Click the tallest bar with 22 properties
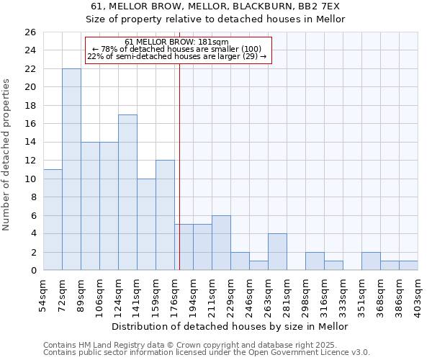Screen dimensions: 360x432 click(x=71, y=169)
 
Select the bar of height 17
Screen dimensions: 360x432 click(x=127, y=192)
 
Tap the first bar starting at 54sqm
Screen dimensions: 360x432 click(x=53, y=220)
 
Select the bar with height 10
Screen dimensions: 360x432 click(x=146, y=225)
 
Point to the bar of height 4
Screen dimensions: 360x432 click(x=277, y=252)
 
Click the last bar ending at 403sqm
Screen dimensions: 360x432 click(x=408, y=266)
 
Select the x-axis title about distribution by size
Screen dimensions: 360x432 click(x=230, y=327)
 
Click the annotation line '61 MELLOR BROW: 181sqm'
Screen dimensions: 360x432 click(x=176, y=42)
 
